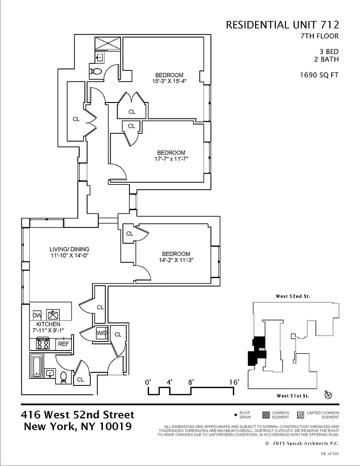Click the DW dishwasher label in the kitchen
[37, 315]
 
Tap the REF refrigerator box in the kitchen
[63, 344]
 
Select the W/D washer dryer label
[102, 334]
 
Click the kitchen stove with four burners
[43, 344]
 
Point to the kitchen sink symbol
[53, 314]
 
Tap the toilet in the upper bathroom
[95, 72]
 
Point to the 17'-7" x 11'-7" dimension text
[171, 159]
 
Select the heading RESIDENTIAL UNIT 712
[282, 25]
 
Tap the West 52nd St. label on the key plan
[293, 296]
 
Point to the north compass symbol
[328, 395]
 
